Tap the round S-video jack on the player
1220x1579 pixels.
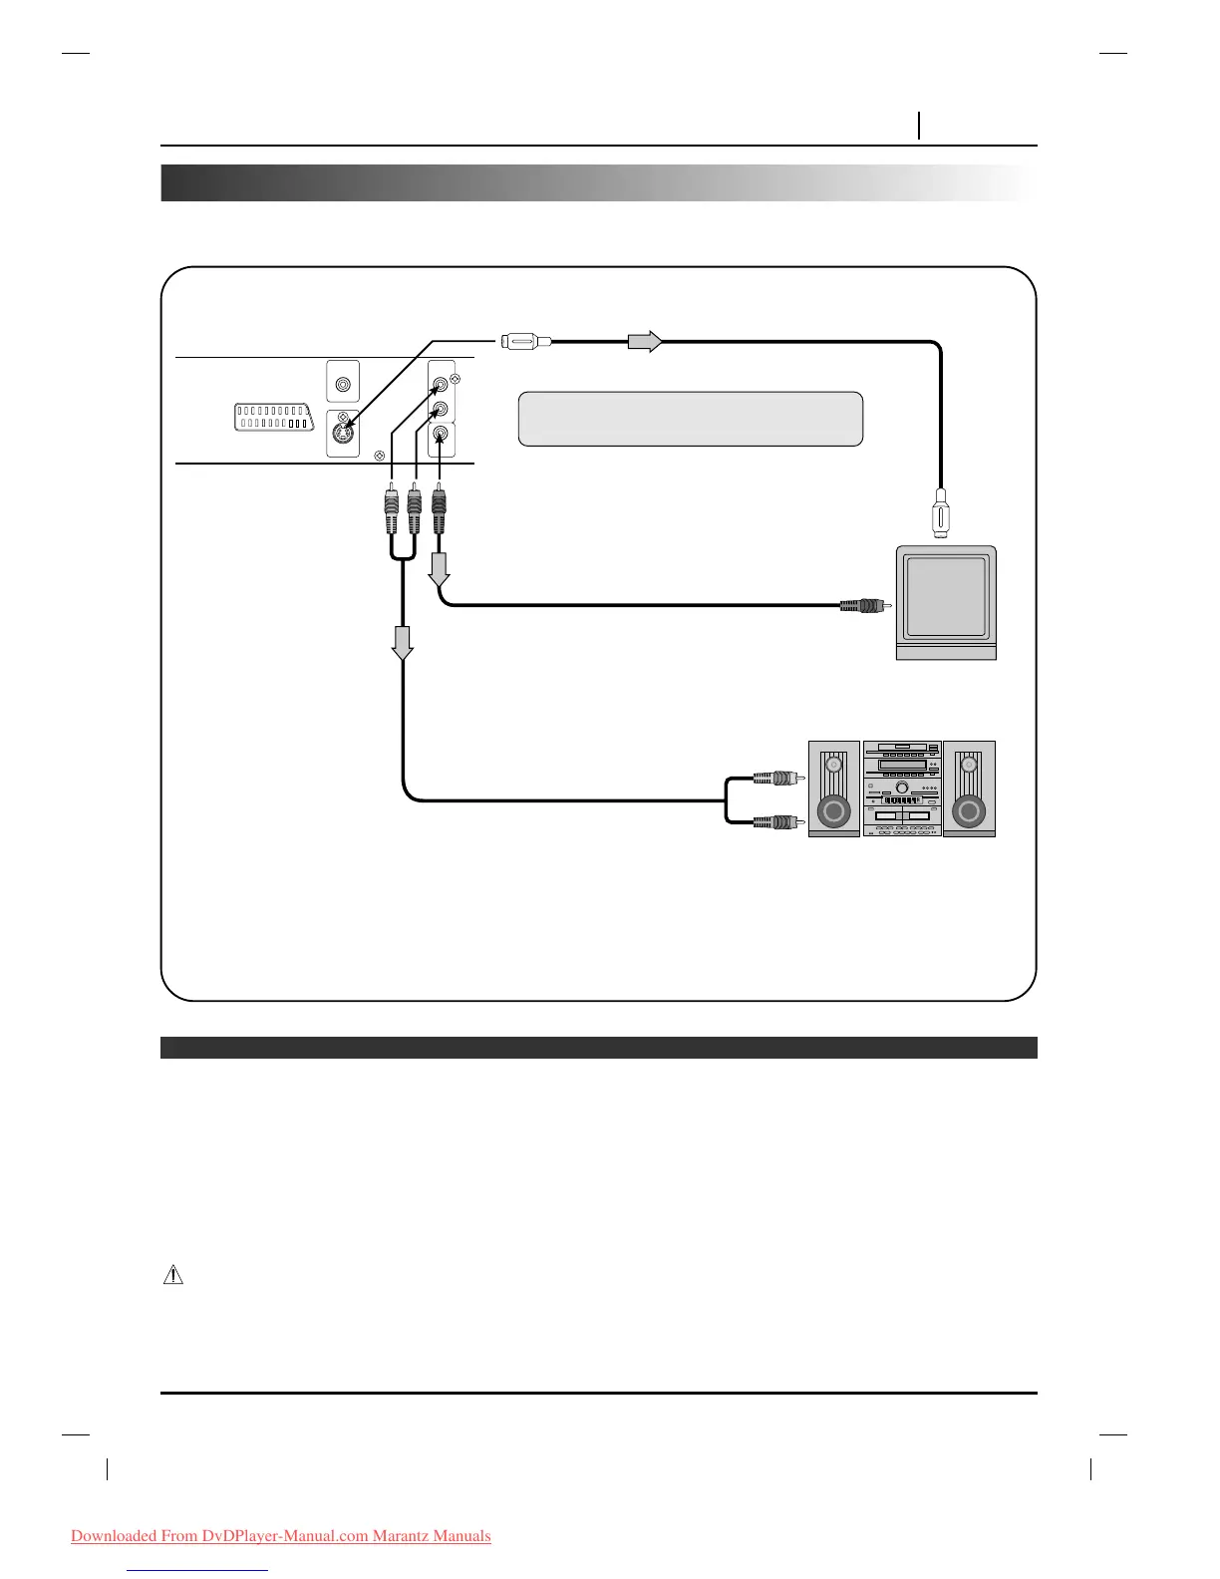(x=343, y=436)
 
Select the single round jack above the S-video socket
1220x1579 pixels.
(x=343, y=384)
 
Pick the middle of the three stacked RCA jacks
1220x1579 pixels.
(x=441, y=409)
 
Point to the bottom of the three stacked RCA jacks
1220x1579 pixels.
(x=441, y=435)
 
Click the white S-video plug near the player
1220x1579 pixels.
(x=521, y=341)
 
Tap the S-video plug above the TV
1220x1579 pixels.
(x=939, y=513)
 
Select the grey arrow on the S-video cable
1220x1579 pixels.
(x=644, y=341)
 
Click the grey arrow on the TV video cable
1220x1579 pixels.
(x=440, y=569)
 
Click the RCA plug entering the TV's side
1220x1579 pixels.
(x=862, y=604)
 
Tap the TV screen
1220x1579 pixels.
(x=946, y=597)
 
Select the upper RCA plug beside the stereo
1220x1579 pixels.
(x=775, y=777)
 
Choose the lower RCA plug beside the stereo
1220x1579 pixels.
(x=775, y=822)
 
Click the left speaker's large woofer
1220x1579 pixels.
(x=834, y=812)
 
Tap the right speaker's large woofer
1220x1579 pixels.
(x=968, y=812)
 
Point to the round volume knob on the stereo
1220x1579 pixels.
(x=901, y=788)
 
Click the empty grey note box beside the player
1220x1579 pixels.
(x=690, y=419)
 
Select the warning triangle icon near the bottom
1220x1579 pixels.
(x=173, y=1274)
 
